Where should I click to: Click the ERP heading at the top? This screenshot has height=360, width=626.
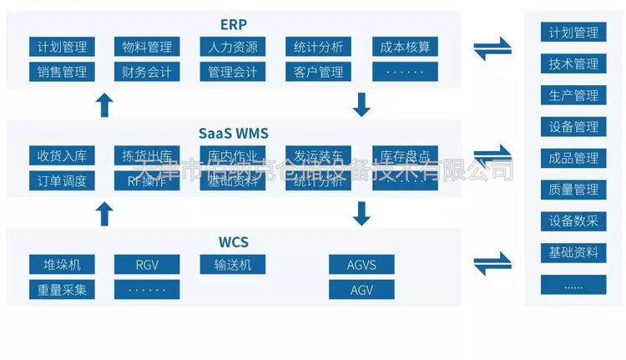(x=234, y=23)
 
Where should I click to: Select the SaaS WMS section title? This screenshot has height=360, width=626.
(x=234, y=133)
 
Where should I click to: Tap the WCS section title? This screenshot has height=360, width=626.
(x=234, y=243)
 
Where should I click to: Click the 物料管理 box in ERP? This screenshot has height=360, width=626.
(x=147, y=47)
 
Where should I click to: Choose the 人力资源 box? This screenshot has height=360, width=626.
(x=234, y=47)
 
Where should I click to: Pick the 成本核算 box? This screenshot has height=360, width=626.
(x=405, y=47)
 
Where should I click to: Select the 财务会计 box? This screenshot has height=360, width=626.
(x=147, y=71)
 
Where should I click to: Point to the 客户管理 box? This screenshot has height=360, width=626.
(x=319, y=71)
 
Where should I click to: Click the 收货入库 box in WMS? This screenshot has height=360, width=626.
(x=62, y=155)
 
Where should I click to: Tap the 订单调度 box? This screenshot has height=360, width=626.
(x=62, y=180)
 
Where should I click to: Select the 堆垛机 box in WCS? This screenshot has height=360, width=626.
(x=62, y=266)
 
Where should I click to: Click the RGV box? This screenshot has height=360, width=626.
(x=147, y=266)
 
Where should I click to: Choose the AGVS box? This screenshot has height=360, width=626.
(x=361, y=266)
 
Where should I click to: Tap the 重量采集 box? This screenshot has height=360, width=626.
(x=62, y=290)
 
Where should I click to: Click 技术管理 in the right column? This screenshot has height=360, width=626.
(x=573, y=64)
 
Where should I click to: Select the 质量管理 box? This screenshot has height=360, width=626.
(x=573, y=190)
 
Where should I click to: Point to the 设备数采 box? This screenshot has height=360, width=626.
(x=573, y=221)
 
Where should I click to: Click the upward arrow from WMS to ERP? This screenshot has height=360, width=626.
(x=104, y=104)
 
